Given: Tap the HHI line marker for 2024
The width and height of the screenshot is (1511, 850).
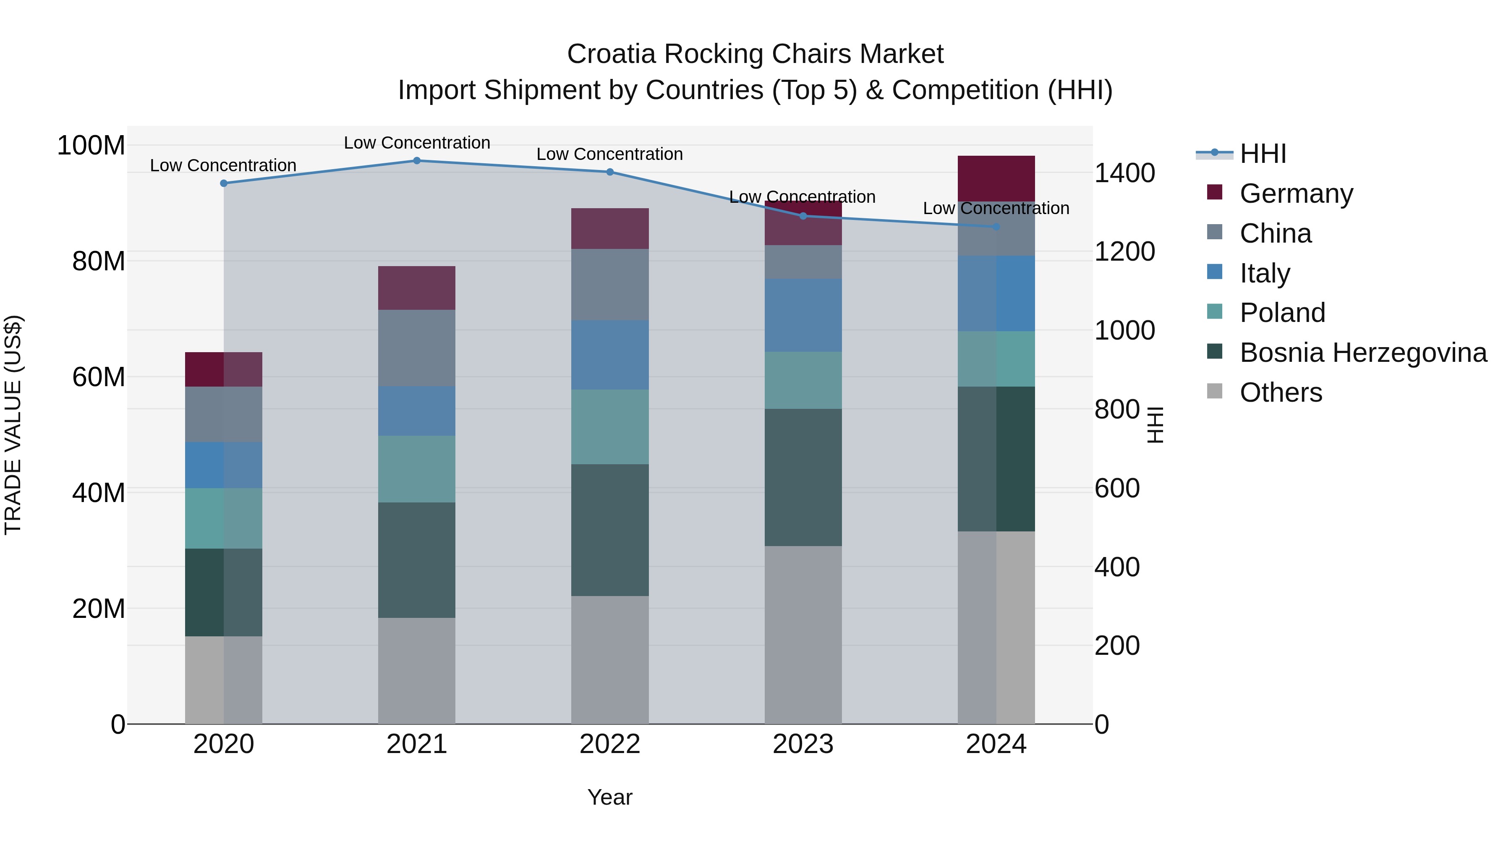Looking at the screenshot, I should point(996,226).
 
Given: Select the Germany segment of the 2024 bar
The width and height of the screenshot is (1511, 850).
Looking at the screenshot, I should point(996,178).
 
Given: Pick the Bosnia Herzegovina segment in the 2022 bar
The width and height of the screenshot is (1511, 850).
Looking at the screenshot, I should point(610,530).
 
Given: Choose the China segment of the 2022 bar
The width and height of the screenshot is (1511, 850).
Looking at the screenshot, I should point(610,285).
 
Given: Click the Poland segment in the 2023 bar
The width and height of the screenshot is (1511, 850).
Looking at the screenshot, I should point(803,380).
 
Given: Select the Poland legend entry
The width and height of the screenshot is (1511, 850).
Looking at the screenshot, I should point(1282,313).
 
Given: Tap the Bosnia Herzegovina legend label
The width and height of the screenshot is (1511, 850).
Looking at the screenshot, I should point(1362,353).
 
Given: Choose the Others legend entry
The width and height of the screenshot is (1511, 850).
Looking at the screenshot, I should point(1281,392).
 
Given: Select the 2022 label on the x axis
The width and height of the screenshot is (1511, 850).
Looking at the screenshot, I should point(610,744).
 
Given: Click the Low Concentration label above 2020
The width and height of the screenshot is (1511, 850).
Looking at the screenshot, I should point(223,165).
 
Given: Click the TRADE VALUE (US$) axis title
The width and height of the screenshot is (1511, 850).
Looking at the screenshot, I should point(13,425).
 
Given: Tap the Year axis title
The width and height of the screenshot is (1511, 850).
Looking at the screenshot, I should point(610,797).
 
